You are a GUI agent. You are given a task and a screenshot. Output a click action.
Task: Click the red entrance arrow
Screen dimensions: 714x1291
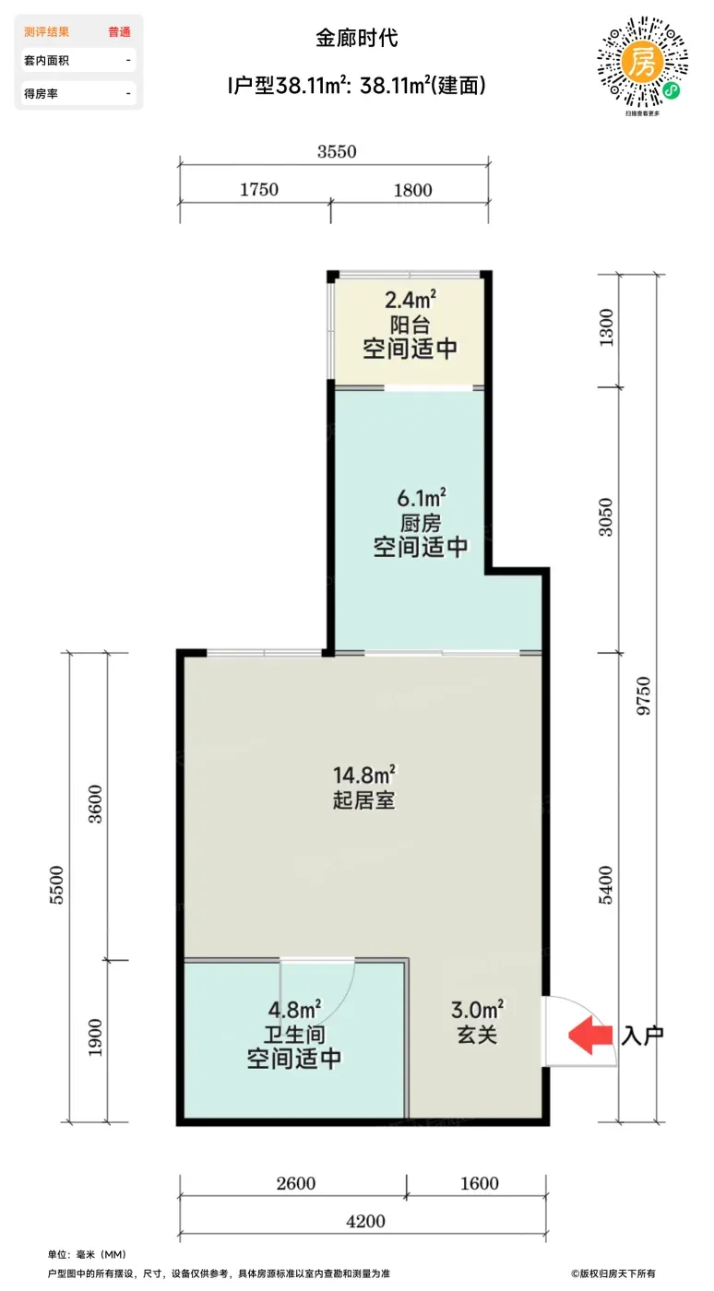[590, 1035]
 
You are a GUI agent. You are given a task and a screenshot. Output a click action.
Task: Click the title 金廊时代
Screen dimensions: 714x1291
[357, 38]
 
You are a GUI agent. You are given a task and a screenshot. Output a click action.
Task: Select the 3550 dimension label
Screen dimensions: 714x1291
[337, 151]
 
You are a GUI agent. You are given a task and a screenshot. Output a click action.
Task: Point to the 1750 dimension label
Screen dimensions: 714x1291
[259, 190]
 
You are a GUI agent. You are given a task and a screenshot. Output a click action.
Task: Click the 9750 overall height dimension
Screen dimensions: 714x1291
[644, 696]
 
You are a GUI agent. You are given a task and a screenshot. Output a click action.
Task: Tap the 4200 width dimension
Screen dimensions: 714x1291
[365, 1221]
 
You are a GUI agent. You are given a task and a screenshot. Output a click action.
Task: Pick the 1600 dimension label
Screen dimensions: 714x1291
[480, 1184]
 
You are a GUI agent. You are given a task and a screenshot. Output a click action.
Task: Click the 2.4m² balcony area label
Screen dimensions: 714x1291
[411, 300]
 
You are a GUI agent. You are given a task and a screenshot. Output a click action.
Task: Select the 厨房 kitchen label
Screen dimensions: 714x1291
[421, 524]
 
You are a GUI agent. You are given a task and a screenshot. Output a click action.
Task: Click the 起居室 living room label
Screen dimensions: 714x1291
[364, 800]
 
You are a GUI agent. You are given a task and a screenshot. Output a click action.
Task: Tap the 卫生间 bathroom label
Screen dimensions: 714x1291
[294, 1035]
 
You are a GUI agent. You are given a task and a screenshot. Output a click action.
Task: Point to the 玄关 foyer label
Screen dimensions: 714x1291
[477, 1035]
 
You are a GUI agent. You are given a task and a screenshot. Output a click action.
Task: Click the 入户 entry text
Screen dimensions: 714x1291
[642, 1036]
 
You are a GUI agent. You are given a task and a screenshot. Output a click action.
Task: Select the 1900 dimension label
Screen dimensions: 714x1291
[95, 1038]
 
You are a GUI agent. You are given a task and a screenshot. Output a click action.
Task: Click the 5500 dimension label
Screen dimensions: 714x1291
[57, 885]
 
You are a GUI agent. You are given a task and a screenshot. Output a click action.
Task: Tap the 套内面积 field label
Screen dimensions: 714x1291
[46, 61]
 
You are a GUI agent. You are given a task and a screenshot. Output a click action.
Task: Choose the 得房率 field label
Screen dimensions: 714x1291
[41, 93]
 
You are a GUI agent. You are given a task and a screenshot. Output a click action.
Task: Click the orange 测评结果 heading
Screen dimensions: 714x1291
[46, 31]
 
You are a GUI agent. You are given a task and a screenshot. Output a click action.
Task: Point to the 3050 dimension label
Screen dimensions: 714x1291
[605, 517]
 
